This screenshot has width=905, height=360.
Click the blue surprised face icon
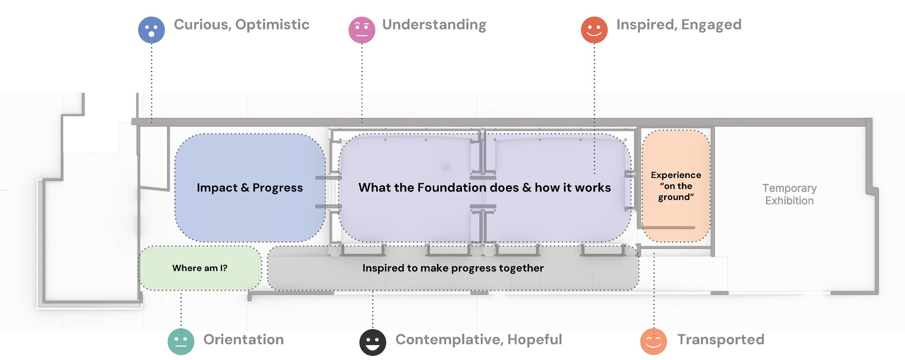pos(152,30)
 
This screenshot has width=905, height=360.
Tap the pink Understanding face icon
pos(362,30)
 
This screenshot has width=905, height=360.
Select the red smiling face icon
pos(594,30)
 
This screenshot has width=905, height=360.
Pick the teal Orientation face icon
pos(181,342)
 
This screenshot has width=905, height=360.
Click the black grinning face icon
pos(373,343)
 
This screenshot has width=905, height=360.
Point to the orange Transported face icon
pos(654,341)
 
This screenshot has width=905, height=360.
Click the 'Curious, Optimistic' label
pos(242,25)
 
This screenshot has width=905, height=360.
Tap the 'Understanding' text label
pos(434,25)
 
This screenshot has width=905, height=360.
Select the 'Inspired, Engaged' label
pos(679,25)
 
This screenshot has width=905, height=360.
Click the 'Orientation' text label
pos(244,340)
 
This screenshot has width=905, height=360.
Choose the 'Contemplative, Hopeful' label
pos(479,340)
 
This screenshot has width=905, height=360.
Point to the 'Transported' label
pos(721,340)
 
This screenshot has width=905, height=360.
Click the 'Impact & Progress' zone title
pos(250,188)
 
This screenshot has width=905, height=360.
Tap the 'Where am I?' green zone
pos(200,268)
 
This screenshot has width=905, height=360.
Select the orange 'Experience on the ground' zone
pos(676,186)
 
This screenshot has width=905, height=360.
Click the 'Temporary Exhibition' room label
pos(789,194)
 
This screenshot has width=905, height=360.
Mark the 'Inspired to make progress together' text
pos(453,268)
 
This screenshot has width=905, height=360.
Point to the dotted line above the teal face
pos(181,310)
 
